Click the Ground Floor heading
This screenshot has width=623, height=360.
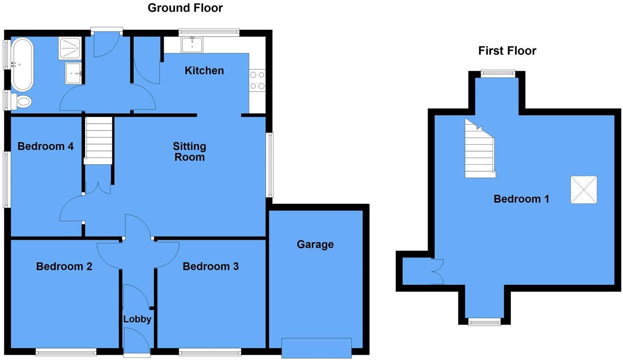[x=185, y=8]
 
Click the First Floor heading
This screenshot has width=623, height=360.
[x=507, y=51]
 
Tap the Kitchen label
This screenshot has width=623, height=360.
[x=204, y=70]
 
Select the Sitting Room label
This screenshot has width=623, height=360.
[x=190, y=151]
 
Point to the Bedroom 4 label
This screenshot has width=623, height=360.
[x=45, y=146]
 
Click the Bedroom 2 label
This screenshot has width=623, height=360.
[x=64, y=266]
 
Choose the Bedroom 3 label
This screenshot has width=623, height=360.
[x=210, y=266]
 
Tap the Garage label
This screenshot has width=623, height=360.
[x=315, y=244]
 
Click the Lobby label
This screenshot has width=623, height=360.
[x=137, y=319]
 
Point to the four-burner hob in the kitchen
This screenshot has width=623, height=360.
[x=257, y=81]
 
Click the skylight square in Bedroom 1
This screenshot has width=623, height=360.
[x=583, y=190]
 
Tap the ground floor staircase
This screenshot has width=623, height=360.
[x=98, y=140]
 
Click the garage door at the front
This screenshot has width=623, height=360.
[x=316, y=348]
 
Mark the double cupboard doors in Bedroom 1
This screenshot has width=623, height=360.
[x=437, y=271]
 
